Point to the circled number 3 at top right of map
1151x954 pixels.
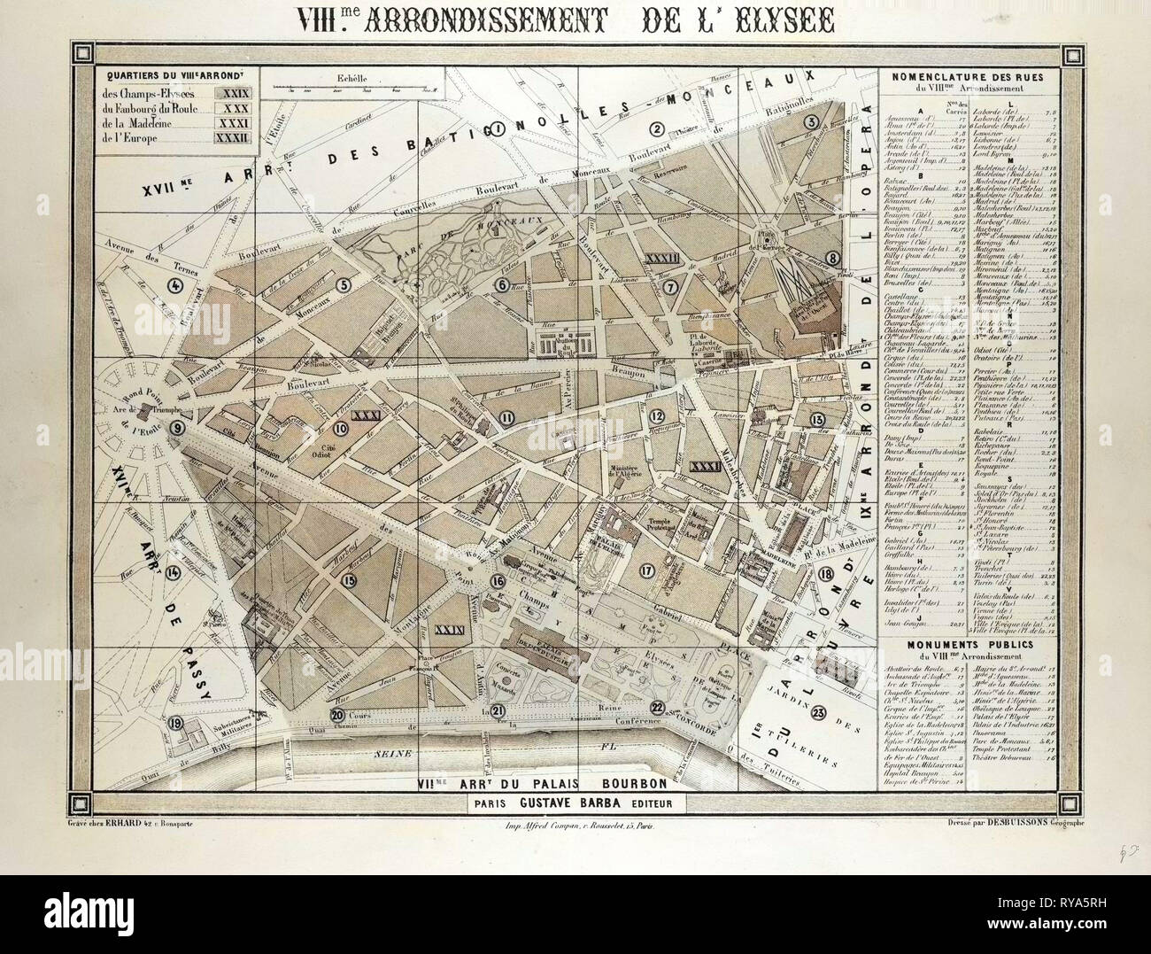click(x=810, y=123)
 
